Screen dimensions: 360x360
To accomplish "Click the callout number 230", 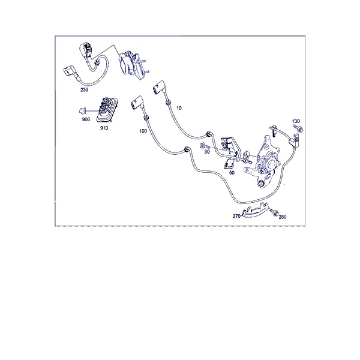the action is [84, 90].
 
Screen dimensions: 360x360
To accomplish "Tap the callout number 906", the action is [86, 119].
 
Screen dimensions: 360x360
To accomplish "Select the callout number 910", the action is [104, 128].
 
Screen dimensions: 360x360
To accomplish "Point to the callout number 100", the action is [143, 131].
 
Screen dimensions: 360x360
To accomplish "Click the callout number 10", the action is [179, 108].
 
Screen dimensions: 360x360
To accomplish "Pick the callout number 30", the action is [207, 152].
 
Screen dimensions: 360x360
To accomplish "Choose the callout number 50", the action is [232, 173].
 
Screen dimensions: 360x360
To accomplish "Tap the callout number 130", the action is [296, 121].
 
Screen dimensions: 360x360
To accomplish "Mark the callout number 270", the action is [236, 216].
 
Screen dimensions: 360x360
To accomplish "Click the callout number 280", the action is [283, 217].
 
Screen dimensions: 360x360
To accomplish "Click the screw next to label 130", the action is [298, 128].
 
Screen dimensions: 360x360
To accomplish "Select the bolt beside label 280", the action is [274, 212].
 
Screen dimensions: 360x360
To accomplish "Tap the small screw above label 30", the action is [205, 146].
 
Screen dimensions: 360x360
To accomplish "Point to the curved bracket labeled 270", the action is [255, 210].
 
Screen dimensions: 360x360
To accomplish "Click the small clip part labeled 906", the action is [82, 111].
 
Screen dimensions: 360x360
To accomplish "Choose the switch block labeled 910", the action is [107, 110].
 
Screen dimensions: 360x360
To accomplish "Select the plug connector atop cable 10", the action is [159, 88].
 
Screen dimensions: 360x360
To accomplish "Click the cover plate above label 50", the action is [229, 164].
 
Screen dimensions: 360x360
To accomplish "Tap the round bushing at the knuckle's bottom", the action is [261, 184].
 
